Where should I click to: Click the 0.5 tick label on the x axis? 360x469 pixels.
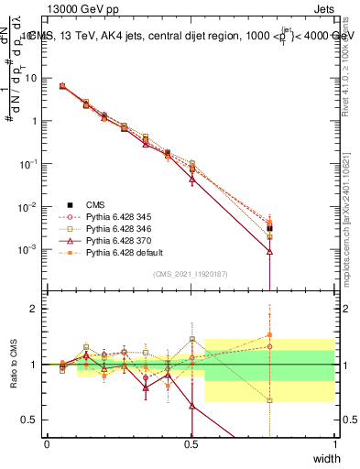[191, 444]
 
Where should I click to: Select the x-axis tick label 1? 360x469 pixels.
[334, 444]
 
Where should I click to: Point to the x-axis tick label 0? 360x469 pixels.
[48, 444]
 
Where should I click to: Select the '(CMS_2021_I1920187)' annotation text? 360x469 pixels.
[191, 273]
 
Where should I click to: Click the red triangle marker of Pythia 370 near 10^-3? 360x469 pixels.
[269, 250]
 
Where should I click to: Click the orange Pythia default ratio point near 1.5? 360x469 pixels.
[269, 335]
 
